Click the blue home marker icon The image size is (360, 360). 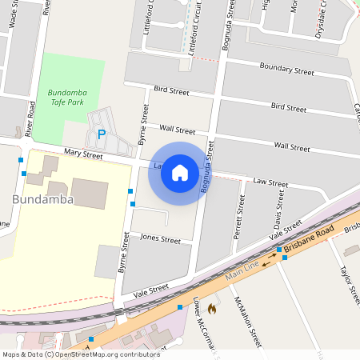(180, 173)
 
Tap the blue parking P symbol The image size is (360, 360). (101, 134)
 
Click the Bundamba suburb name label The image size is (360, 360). (43, 199)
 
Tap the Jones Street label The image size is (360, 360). (161, 238)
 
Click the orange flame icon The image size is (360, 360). (212, 307)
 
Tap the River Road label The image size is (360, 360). (30, 118)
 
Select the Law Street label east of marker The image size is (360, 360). (270, 182)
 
